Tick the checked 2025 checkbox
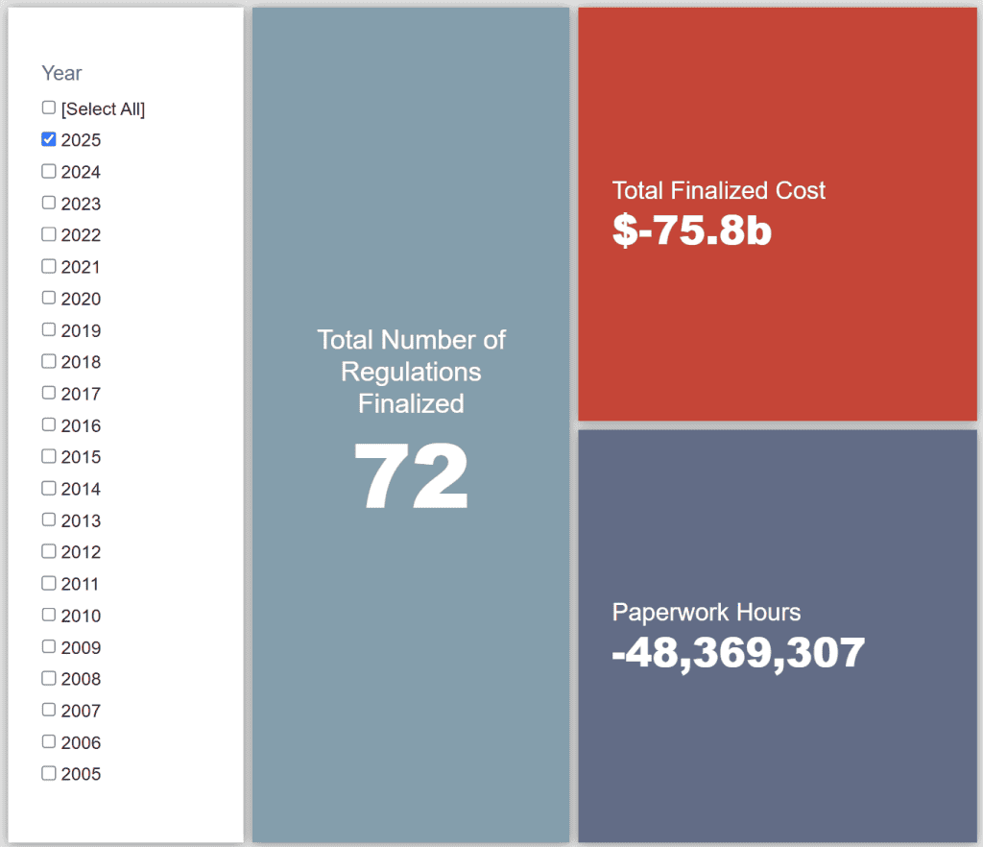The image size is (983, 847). click(x=49, y=139)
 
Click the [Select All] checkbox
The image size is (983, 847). click(x=49, y=108)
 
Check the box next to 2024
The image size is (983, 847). click(x=49, y=171)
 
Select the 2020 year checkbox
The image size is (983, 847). click(x=49, y=298)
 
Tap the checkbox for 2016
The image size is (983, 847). click(x=49, y=424)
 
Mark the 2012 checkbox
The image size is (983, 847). click(x=49, y=551)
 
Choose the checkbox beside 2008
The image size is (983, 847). click(x=49, y=678)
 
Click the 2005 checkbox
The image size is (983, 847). click(x=49, y=773)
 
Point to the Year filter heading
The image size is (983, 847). click(x=61, y=73)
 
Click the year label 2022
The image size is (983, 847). click(x=81, y=235)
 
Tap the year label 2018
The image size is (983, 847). click(x=81, y=362)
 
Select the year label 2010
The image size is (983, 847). click(x=81, y=616)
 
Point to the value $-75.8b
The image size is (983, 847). click(x=691, y=230)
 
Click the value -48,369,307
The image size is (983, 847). click(x=738, y=653)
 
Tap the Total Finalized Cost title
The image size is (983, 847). click(x=719, y=190)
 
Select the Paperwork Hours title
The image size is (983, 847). click(x=707, y=612)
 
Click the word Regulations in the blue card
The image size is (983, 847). click(x=411, y=372)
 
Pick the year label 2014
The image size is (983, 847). click(x=81, y=489)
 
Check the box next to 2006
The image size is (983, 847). click(x=49, y=741)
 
